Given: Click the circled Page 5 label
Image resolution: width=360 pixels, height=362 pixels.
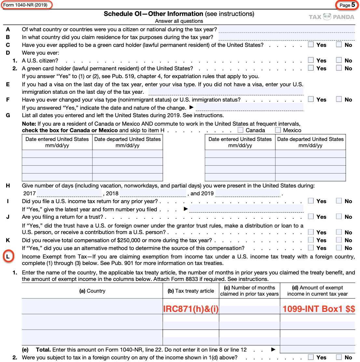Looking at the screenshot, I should (x=347, y=5).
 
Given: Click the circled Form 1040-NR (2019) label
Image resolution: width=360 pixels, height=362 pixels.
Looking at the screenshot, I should (x=26, y=5).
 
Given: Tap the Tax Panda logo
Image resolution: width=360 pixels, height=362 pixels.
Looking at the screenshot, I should (x=331, y=17).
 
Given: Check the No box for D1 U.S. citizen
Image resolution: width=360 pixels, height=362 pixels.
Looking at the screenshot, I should (x=339, y=60).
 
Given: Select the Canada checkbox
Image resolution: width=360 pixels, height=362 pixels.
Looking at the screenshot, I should (x=241, y=130).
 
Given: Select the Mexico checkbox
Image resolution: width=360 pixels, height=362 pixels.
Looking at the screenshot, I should (x=278, y=130).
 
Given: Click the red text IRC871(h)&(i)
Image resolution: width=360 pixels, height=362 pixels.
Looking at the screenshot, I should (x=191, y=309).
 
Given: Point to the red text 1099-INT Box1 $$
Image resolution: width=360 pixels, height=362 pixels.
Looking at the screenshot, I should (x=318, y=309).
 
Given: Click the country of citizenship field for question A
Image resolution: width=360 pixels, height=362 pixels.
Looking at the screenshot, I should (x=286, y=29).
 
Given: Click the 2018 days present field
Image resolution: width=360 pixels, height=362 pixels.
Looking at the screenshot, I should (x=153, y=193).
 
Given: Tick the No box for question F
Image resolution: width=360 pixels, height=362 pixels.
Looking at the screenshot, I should (x=339, y=99).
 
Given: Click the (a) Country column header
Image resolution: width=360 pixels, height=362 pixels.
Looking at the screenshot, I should (x=92, y=291).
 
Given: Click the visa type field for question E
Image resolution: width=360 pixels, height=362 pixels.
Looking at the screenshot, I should (x=226, y=91).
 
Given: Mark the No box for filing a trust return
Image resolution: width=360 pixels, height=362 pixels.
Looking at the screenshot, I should (x=339, y=216).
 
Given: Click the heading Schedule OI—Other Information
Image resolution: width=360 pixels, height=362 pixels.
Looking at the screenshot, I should (x=153, y=14).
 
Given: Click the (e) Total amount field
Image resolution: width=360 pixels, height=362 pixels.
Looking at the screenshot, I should (x=317, y=349).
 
